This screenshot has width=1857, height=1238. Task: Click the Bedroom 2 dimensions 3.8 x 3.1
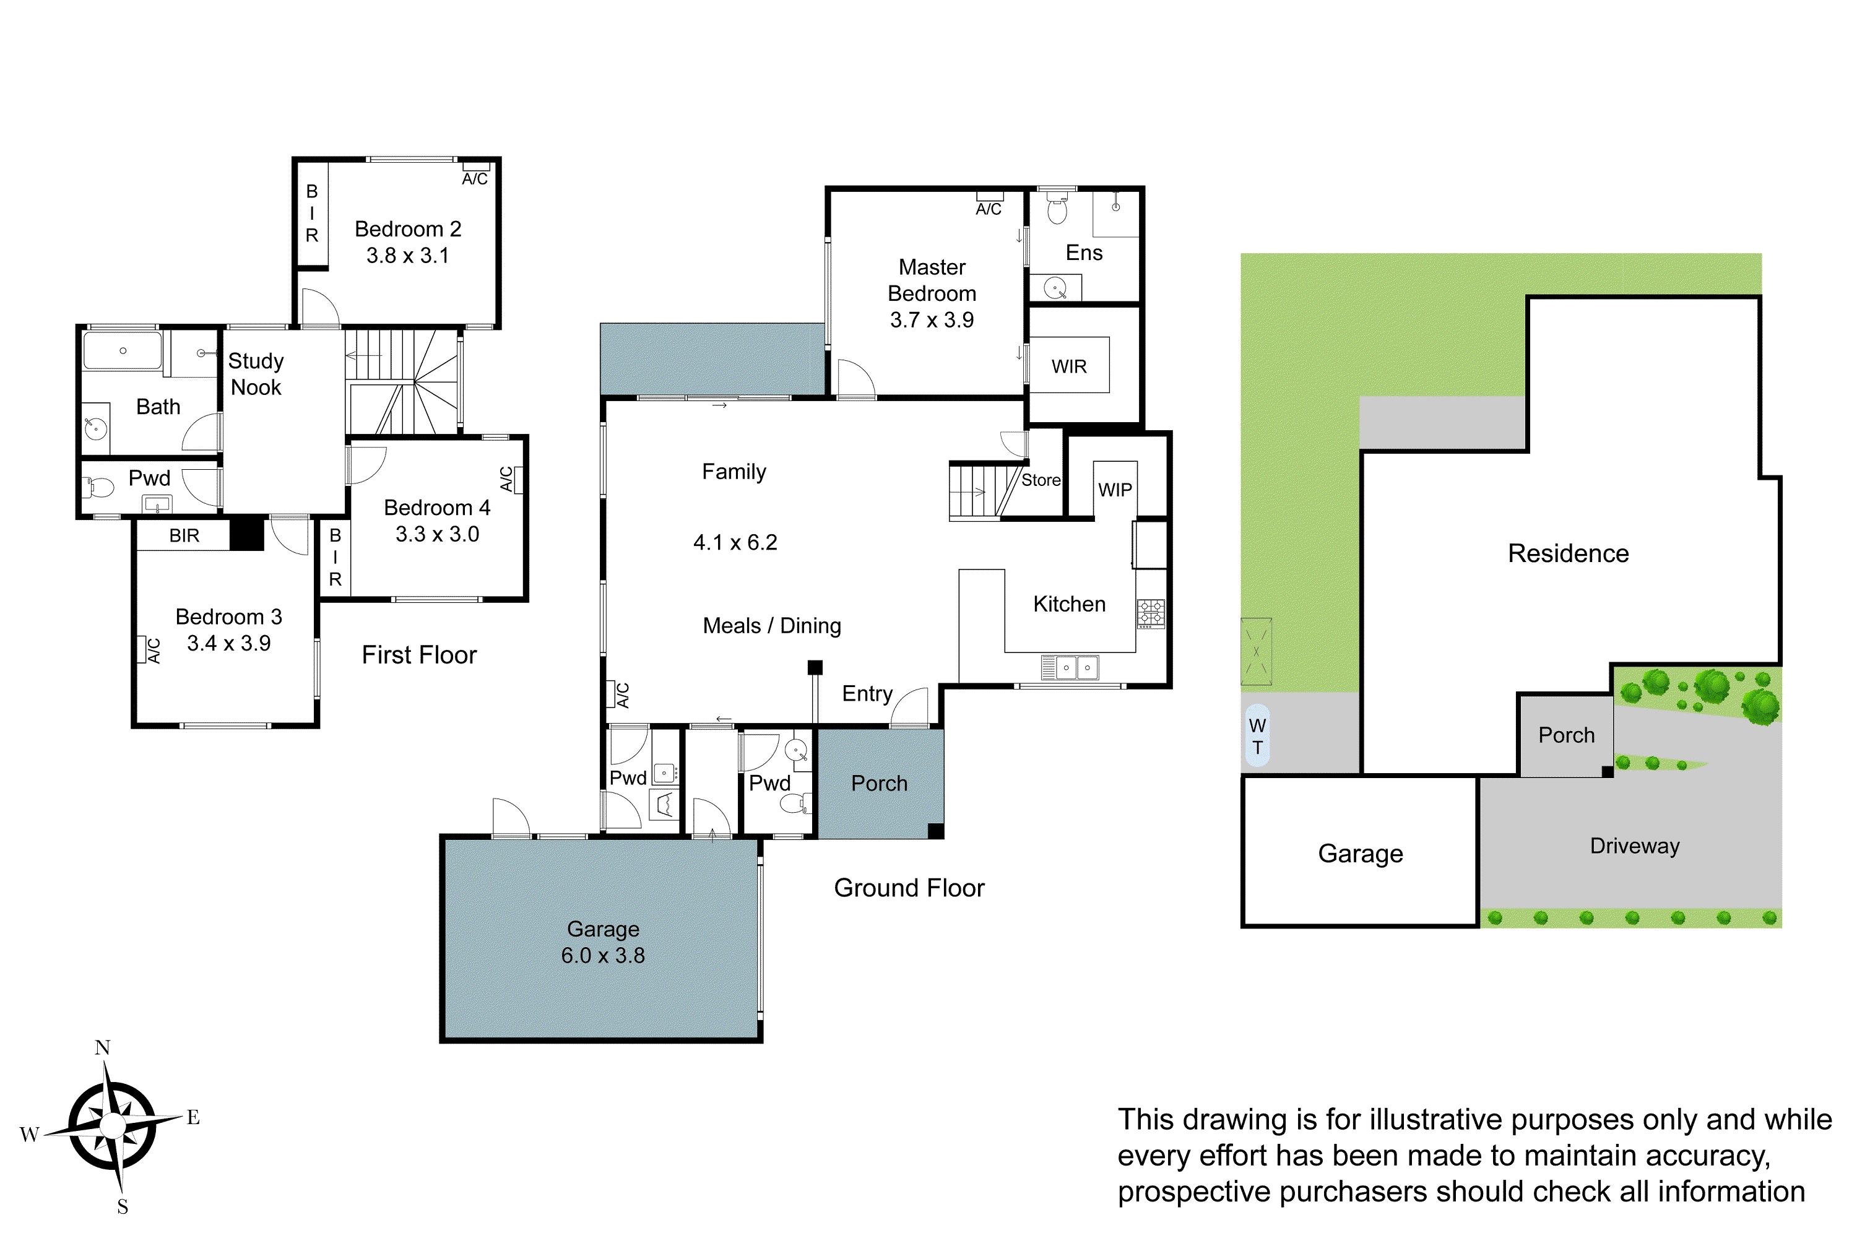point(407,256)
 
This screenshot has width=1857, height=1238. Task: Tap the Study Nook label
point(256,374)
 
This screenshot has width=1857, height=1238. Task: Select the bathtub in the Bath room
point(123,350)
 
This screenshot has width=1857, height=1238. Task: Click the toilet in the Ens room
point(1057,210)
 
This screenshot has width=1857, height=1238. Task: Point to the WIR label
point(1069,366)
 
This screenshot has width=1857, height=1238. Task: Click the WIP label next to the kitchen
point(1115,490)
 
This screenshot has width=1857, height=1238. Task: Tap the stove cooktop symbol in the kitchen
point(1150,613)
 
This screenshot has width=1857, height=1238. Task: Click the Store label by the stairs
point(1041,480)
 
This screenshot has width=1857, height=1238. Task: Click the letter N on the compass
point(103,1048)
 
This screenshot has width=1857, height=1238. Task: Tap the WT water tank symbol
point(1257,736)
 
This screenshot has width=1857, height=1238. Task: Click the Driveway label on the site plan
point(1634,846)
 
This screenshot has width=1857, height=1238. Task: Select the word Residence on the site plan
point(1568,553)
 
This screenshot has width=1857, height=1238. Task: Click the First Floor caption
point(419,656)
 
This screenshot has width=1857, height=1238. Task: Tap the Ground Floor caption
point(909,888)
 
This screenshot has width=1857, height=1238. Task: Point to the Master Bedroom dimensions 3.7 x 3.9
point(932,321)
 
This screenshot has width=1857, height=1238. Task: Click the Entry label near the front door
point(867,694)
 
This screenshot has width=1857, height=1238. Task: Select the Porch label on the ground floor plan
point(879,783)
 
